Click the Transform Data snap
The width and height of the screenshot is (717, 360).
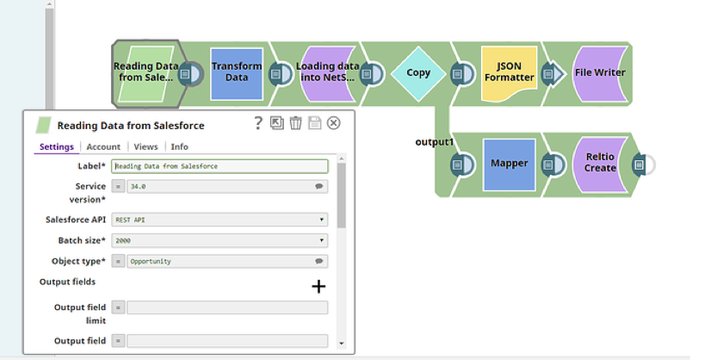click(237, 73)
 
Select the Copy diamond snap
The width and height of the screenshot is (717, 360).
click(418, 73)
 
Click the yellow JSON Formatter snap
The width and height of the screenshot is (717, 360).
click(509, 73)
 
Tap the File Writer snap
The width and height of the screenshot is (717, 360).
click(600, 73)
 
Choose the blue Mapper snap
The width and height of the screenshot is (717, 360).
click(509, 164)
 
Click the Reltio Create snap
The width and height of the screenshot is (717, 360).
click(600, 164)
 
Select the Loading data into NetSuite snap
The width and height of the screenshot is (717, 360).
click(327, 73)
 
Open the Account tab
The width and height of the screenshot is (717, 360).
click(103, 146)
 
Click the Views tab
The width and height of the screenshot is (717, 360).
click(145, 146)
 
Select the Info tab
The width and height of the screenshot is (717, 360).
click(179, 146)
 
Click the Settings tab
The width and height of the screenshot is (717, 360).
click(57, 146)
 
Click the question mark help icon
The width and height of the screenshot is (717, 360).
click(258, 122)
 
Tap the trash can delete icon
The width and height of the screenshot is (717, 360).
click(295, 122)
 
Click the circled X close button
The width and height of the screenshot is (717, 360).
click(334, 122)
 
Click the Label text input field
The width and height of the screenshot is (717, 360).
click(219, 166)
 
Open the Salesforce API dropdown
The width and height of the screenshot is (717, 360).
click(219, 220)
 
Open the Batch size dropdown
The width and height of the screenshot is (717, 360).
click(219, 240)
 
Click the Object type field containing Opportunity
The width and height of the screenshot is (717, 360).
click(227, 261)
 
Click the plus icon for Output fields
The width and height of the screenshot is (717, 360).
click(318, 287)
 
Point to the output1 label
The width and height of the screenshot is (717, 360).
click(435, 142)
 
